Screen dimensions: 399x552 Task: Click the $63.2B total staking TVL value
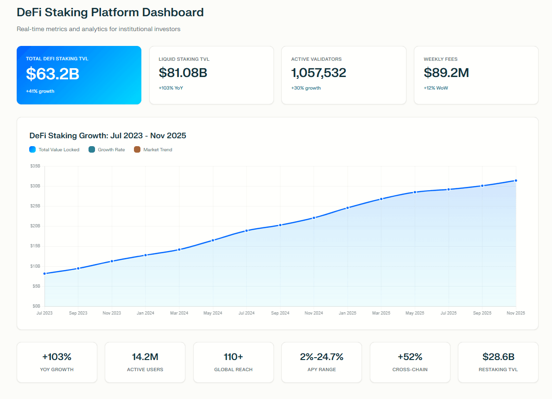[52, 74]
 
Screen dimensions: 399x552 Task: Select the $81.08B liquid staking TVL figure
[183, 73]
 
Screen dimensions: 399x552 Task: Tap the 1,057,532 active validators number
[318, 73]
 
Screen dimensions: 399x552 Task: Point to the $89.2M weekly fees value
[446, 73]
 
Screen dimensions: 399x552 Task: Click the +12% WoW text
[436, 88]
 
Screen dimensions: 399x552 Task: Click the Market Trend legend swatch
[137, 149]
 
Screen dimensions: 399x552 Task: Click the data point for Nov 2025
[516, 180]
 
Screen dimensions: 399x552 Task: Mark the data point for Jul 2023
[44, 274]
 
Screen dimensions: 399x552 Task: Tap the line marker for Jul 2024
[247, 231]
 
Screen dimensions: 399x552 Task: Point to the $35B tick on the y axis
[35, 166]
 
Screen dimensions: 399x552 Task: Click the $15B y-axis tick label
[35, 246]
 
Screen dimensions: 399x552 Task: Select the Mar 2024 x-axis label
[179, 313]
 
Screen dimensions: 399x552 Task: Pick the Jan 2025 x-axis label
[348, 313]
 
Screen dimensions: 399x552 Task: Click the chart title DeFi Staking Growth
[108, 135]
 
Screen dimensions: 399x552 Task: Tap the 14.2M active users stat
[145, 357]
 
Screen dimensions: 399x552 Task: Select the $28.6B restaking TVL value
[498, 357]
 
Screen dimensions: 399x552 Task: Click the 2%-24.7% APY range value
[321, 357]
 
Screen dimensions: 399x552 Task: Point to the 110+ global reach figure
[233, 357]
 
